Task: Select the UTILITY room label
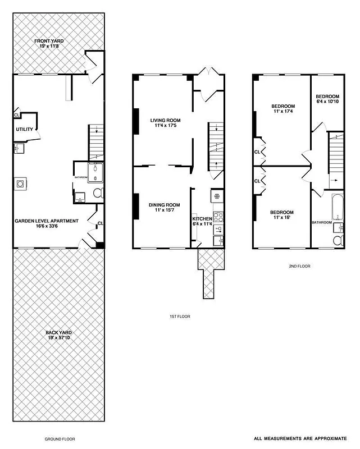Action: (x=25, y=130)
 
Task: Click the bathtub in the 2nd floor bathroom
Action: (x=337, y=207)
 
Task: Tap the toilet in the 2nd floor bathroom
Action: (x=338, y=240)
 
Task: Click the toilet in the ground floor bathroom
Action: (x=98, y=193)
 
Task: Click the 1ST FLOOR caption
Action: (x=180, y=317)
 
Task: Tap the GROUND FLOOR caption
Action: (x=60, y=439)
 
